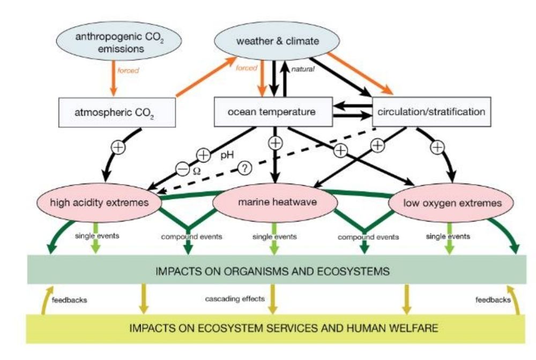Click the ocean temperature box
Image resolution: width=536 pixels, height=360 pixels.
coord(272,112)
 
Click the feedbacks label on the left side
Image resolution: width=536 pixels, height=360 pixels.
coord(69,300)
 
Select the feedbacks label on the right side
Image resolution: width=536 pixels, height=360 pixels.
coord(493,300)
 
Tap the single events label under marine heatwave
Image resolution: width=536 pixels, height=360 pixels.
coord(275,236)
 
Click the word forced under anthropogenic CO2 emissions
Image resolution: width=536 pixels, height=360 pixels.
coord(128,70)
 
